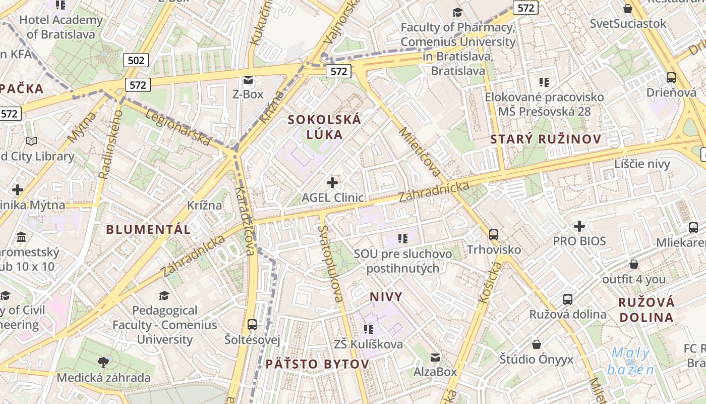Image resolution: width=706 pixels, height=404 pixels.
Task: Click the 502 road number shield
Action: coord(136,61)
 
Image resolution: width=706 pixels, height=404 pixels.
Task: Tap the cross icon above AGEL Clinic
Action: coord(332,182)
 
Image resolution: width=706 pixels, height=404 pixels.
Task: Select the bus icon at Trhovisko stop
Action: coord(494,234)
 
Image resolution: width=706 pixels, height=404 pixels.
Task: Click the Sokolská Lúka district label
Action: coord(324,127)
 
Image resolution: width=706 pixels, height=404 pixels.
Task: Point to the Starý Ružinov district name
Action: coord(546,139)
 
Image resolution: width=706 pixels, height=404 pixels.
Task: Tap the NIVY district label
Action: coord(386,296)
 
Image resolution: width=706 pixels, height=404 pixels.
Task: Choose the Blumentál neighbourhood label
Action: coord(148,229)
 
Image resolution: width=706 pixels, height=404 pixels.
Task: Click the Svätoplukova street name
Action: coord(331,263)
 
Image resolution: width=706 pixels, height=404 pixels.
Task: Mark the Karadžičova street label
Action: coord(244,221)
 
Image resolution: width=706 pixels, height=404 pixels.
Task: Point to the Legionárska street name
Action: coord(178,128)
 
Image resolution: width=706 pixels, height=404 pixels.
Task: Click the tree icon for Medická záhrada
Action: coord(103,362)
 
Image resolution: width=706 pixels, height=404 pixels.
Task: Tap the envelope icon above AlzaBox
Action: coord(435,358)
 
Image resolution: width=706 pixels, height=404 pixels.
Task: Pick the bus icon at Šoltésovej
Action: coord(252,324)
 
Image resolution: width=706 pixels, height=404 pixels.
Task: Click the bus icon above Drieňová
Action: coord(671,78)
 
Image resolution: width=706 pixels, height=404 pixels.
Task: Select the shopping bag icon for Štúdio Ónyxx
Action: coord(537,344)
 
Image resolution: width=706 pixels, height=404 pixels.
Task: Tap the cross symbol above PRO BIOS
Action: coord(579,226)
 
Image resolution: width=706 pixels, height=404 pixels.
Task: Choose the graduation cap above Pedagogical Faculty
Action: coord(164,295)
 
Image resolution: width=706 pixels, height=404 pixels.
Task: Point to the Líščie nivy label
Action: coord(642,164)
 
